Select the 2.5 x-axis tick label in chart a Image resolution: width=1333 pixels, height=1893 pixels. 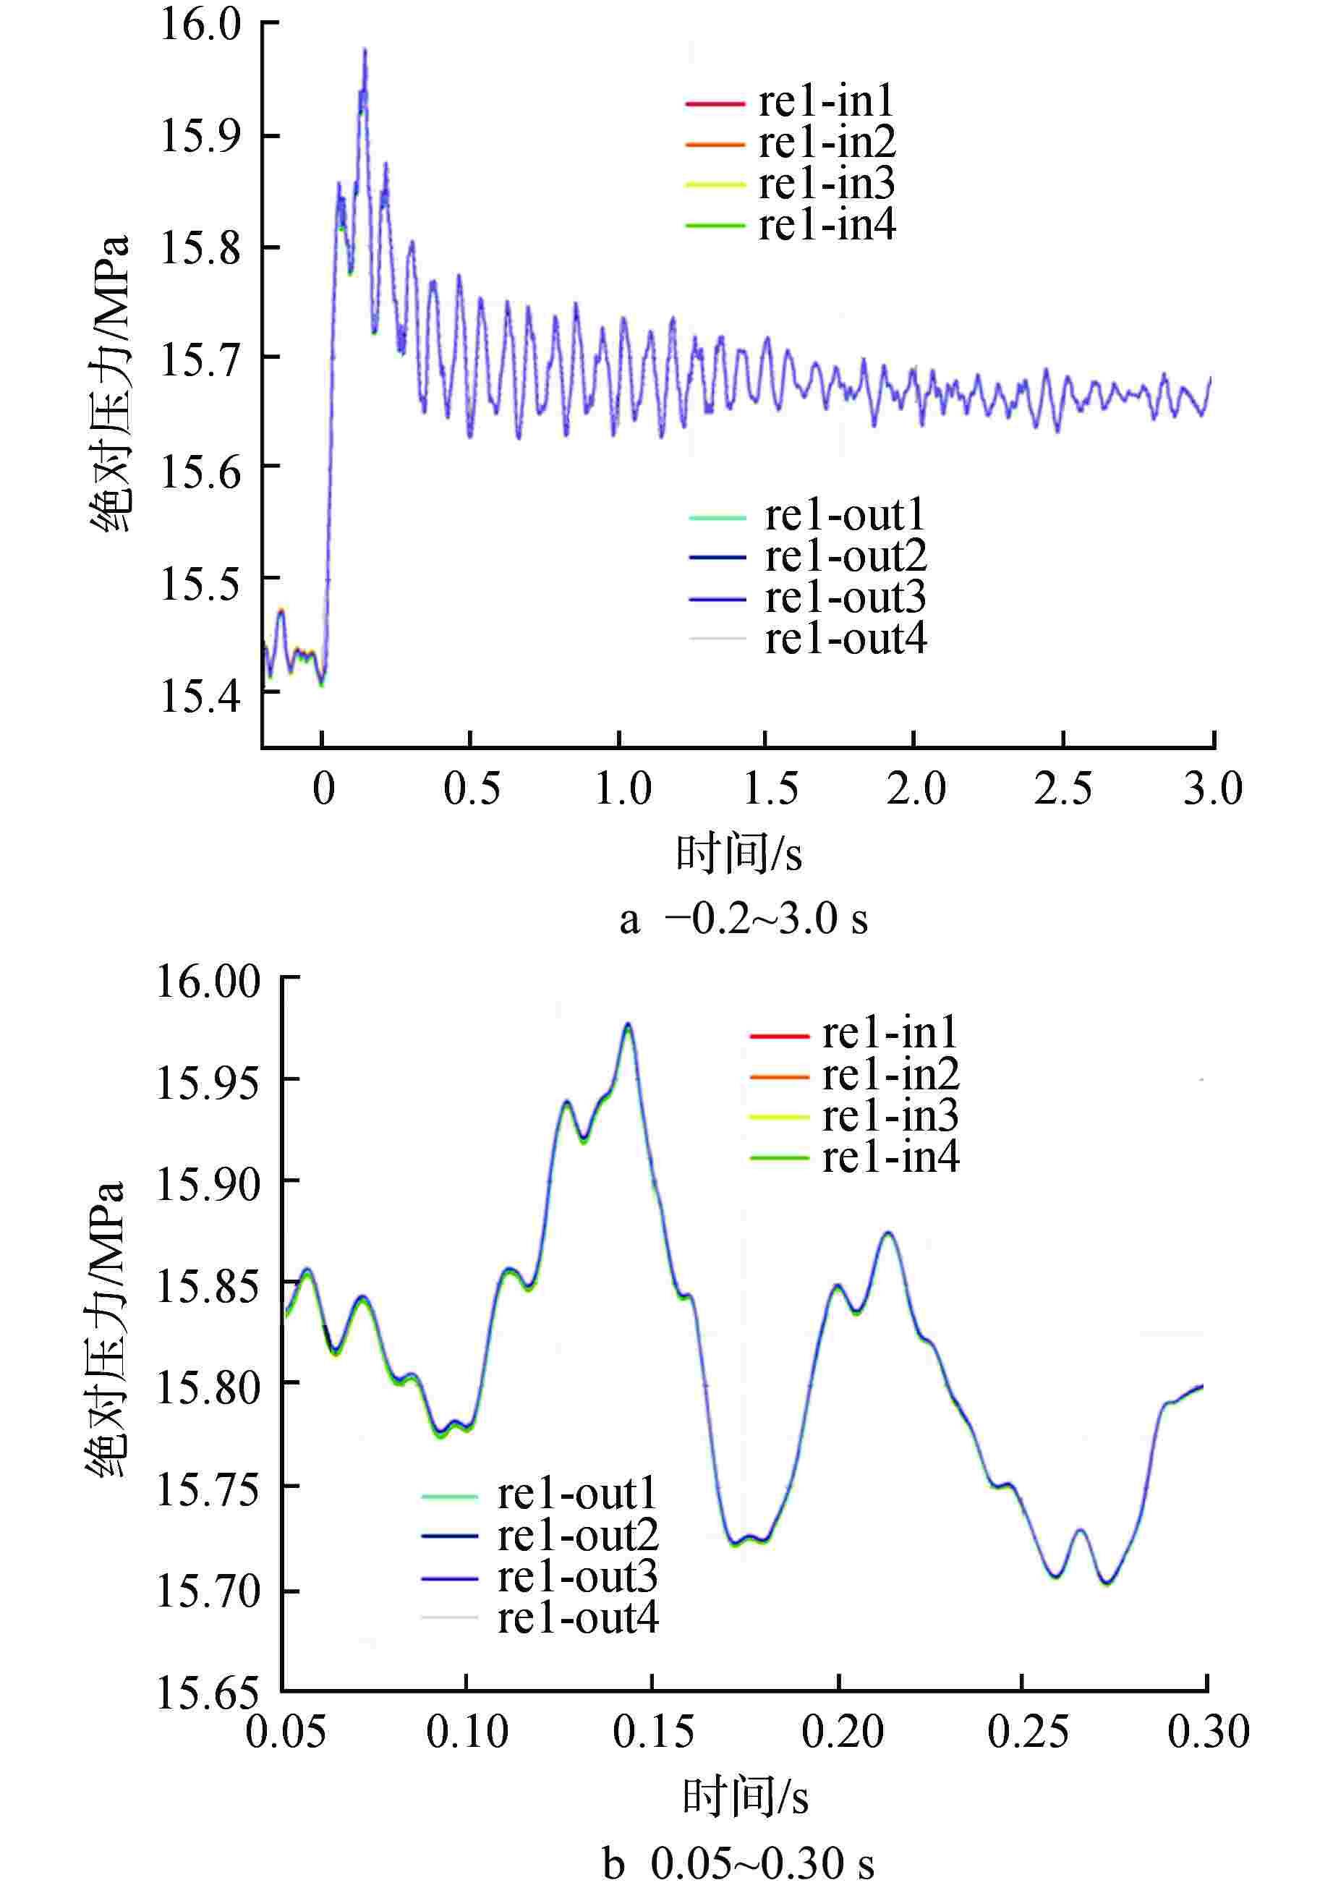pos(1062,788)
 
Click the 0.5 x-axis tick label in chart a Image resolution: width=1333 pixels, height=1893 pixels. pos(471,788)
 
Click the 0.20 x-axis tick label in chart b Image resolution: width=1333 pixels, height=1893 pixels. pos(842,1732)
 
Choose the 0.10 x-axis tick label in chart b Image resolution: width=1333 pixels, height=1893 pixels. pos(467,1732)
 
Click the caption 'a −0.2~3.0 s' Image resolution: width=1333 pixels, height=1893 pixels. pos(744,919)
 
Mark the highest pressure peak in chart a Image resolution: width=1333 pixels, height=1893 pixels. pos(365,49)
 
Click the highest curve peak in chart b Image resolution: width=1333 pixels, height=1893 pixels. pos(629,1024)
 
